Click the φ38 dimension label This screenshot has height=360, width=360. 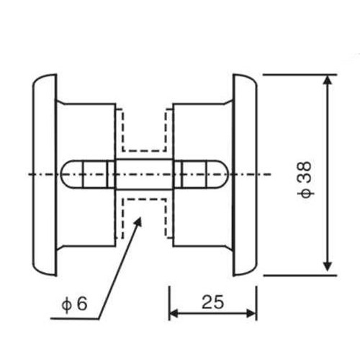(x=305, y=180)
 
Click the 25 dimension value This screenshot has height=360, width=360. (x=212, y=302)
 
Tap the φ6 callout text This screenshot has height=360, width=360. (x=74, y=304)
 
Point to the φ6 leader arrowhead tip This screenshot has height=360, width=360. (x=141, y=217)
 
